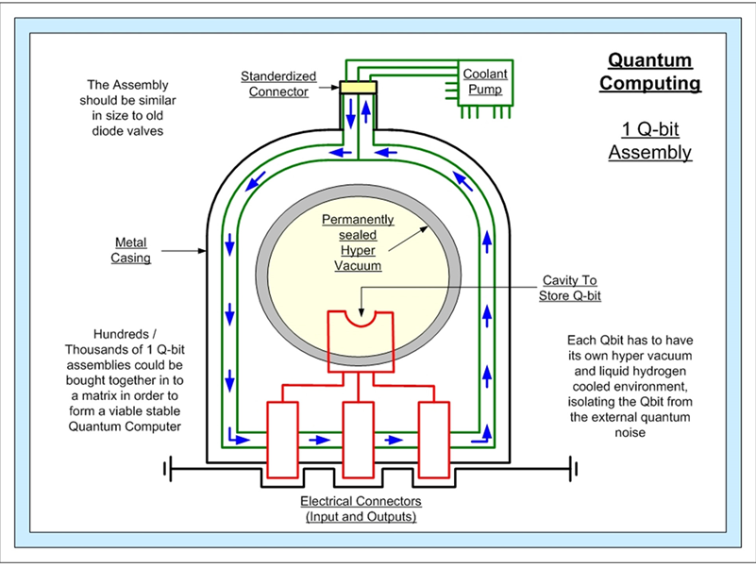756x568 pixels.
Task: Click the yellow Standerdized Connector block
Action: (359, 87)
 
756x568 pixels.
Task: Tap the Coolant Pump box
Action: (485, 82)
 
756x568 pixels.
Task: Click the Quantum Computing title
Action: (650, 72)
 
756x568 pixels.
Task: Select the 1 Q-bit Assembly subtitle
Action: (650, 141)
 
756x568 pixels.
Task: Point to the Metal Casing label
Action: (130, 250)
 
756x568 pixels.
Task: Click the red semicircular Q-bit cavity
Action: (361, 319)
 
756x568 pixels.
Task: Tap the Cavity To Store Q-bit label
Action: (569, 288)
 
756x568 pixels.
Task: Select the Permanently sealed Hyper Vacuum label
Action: (358, 242)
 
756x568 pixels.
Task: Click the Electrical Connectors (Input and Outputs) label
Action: (361, 509)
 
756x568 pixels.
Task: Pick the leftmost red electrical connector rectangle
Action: (282, 440)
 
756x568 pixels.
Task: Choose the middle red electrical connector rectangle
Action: (359, 440)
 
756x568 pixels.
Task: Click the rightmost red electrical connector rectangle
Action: (434, 440)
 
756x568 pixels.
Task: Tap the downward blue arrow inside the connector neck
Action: (350, 113)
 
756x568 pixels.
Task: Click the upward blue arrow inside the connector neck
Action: (366, 111)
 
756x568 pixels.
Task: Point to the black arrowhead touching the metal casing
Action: (202, 251)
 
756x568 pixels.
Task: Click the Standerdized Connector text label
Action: (278, 84)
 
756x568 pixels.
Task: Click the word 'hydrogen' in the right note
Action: (663, 371)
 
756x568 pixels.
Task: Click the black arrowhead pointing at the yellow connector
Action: (335, 87)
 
